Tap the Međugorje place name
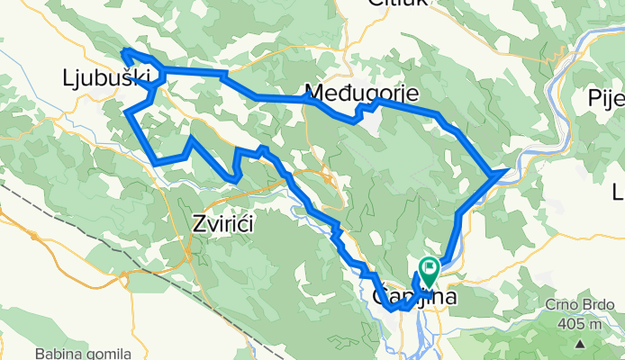349,92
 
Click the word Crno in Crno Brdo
557,306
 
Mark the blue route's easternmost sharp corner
510,168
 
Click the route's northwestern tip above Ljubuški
123,50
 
